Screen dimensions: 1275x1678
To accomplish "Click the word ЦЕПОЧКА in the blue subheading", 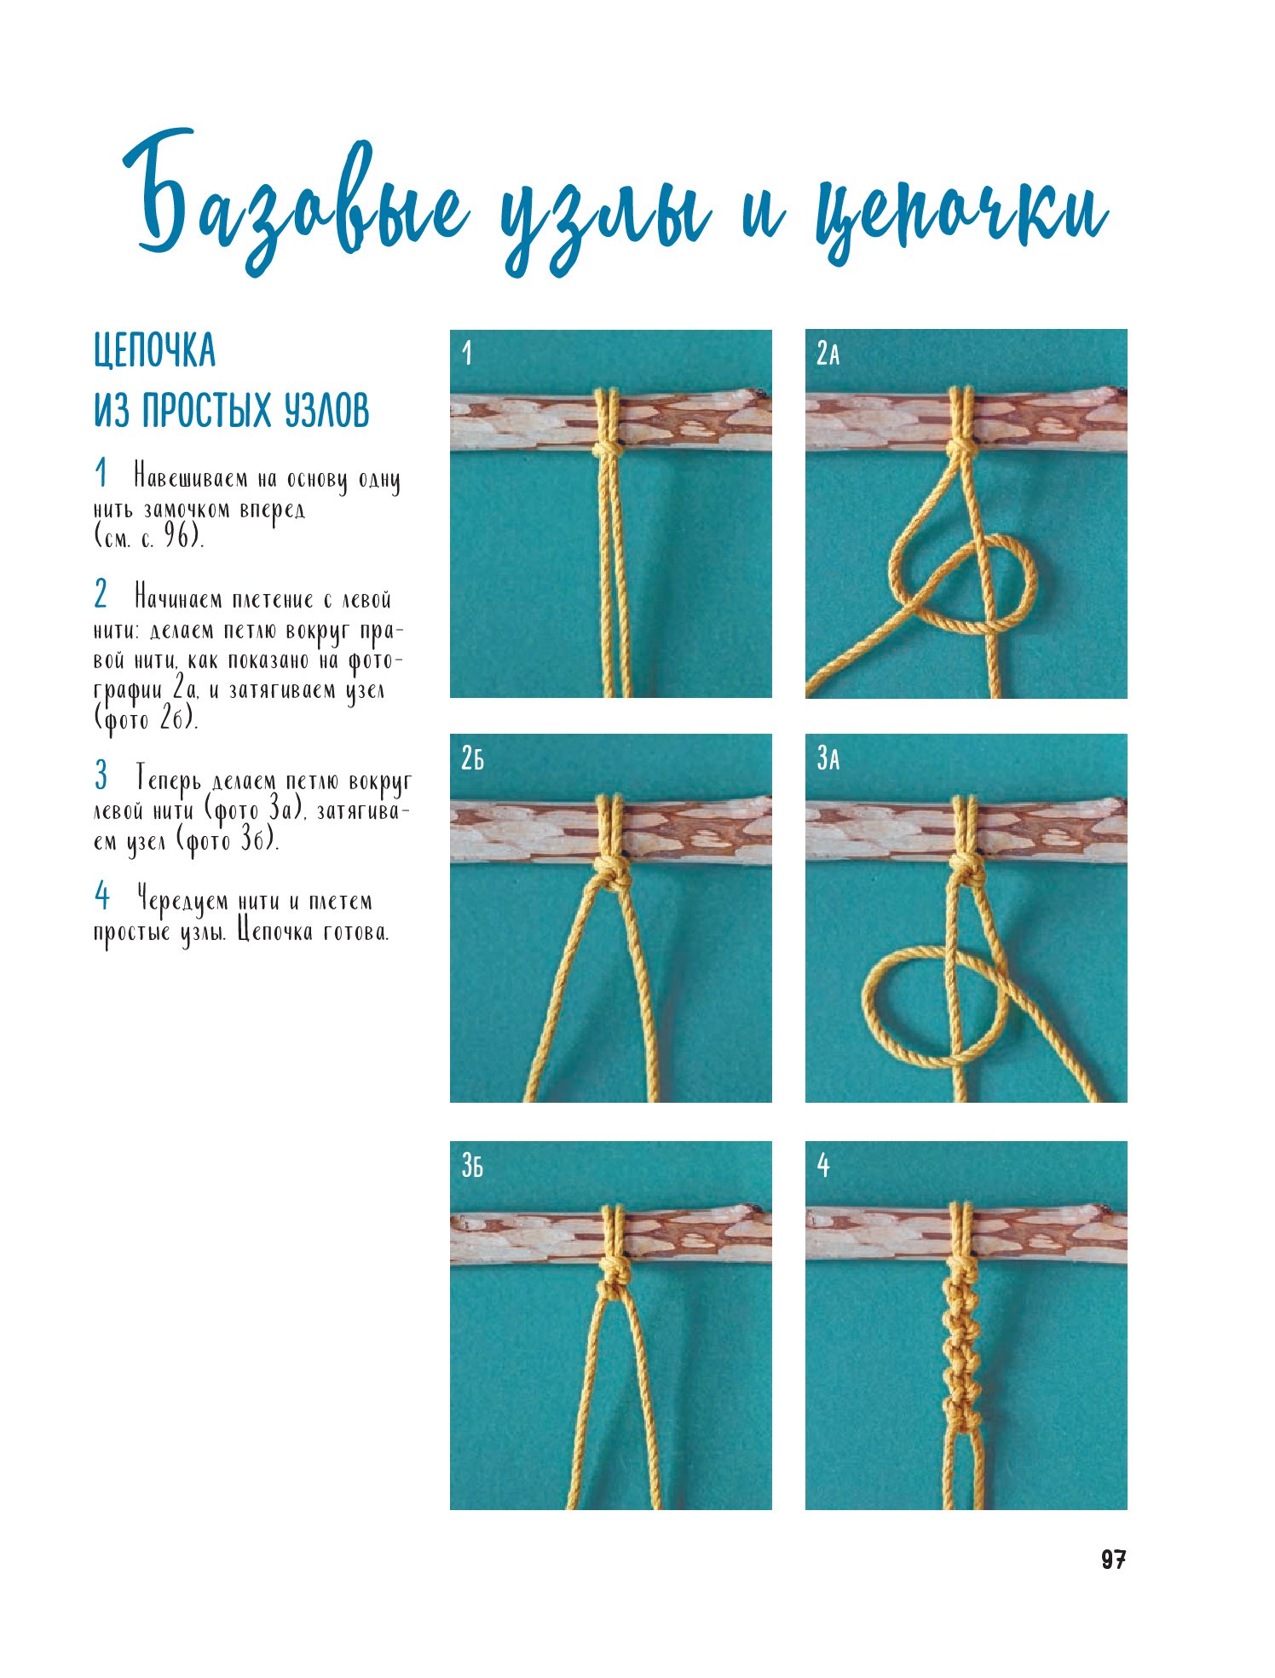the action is click(x=154, y=351).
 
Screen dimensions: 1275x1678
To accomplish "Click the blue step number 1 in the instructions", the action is click(x=101, y=474).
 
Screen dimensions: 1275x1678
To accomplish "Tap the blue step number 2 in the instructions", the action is click(x=101, y=594).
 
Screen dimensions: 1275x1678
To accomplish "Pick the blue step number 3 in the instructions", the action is click(x=101, y=776).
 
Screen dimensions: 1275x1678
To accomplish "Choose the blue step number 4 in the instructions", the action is click(x=102, y=897).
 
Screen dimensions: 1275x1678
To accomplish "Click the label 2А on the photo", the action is click(x=828, y=353).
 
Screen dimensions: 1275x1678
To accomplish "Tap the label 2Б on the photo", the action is click(x=472, y=758).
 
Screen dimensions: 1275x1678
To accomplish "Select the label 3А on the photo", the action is click(x=828, y=758).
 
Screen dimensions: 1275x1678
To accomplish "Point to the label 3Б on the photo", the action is click(x=472, y=1165).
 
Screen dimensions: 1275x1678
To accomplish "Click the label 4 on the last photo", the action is click(x=823, y=1165).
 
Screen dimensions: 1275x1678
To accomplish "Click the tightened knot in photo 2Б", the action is click(x=612, y=873).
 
